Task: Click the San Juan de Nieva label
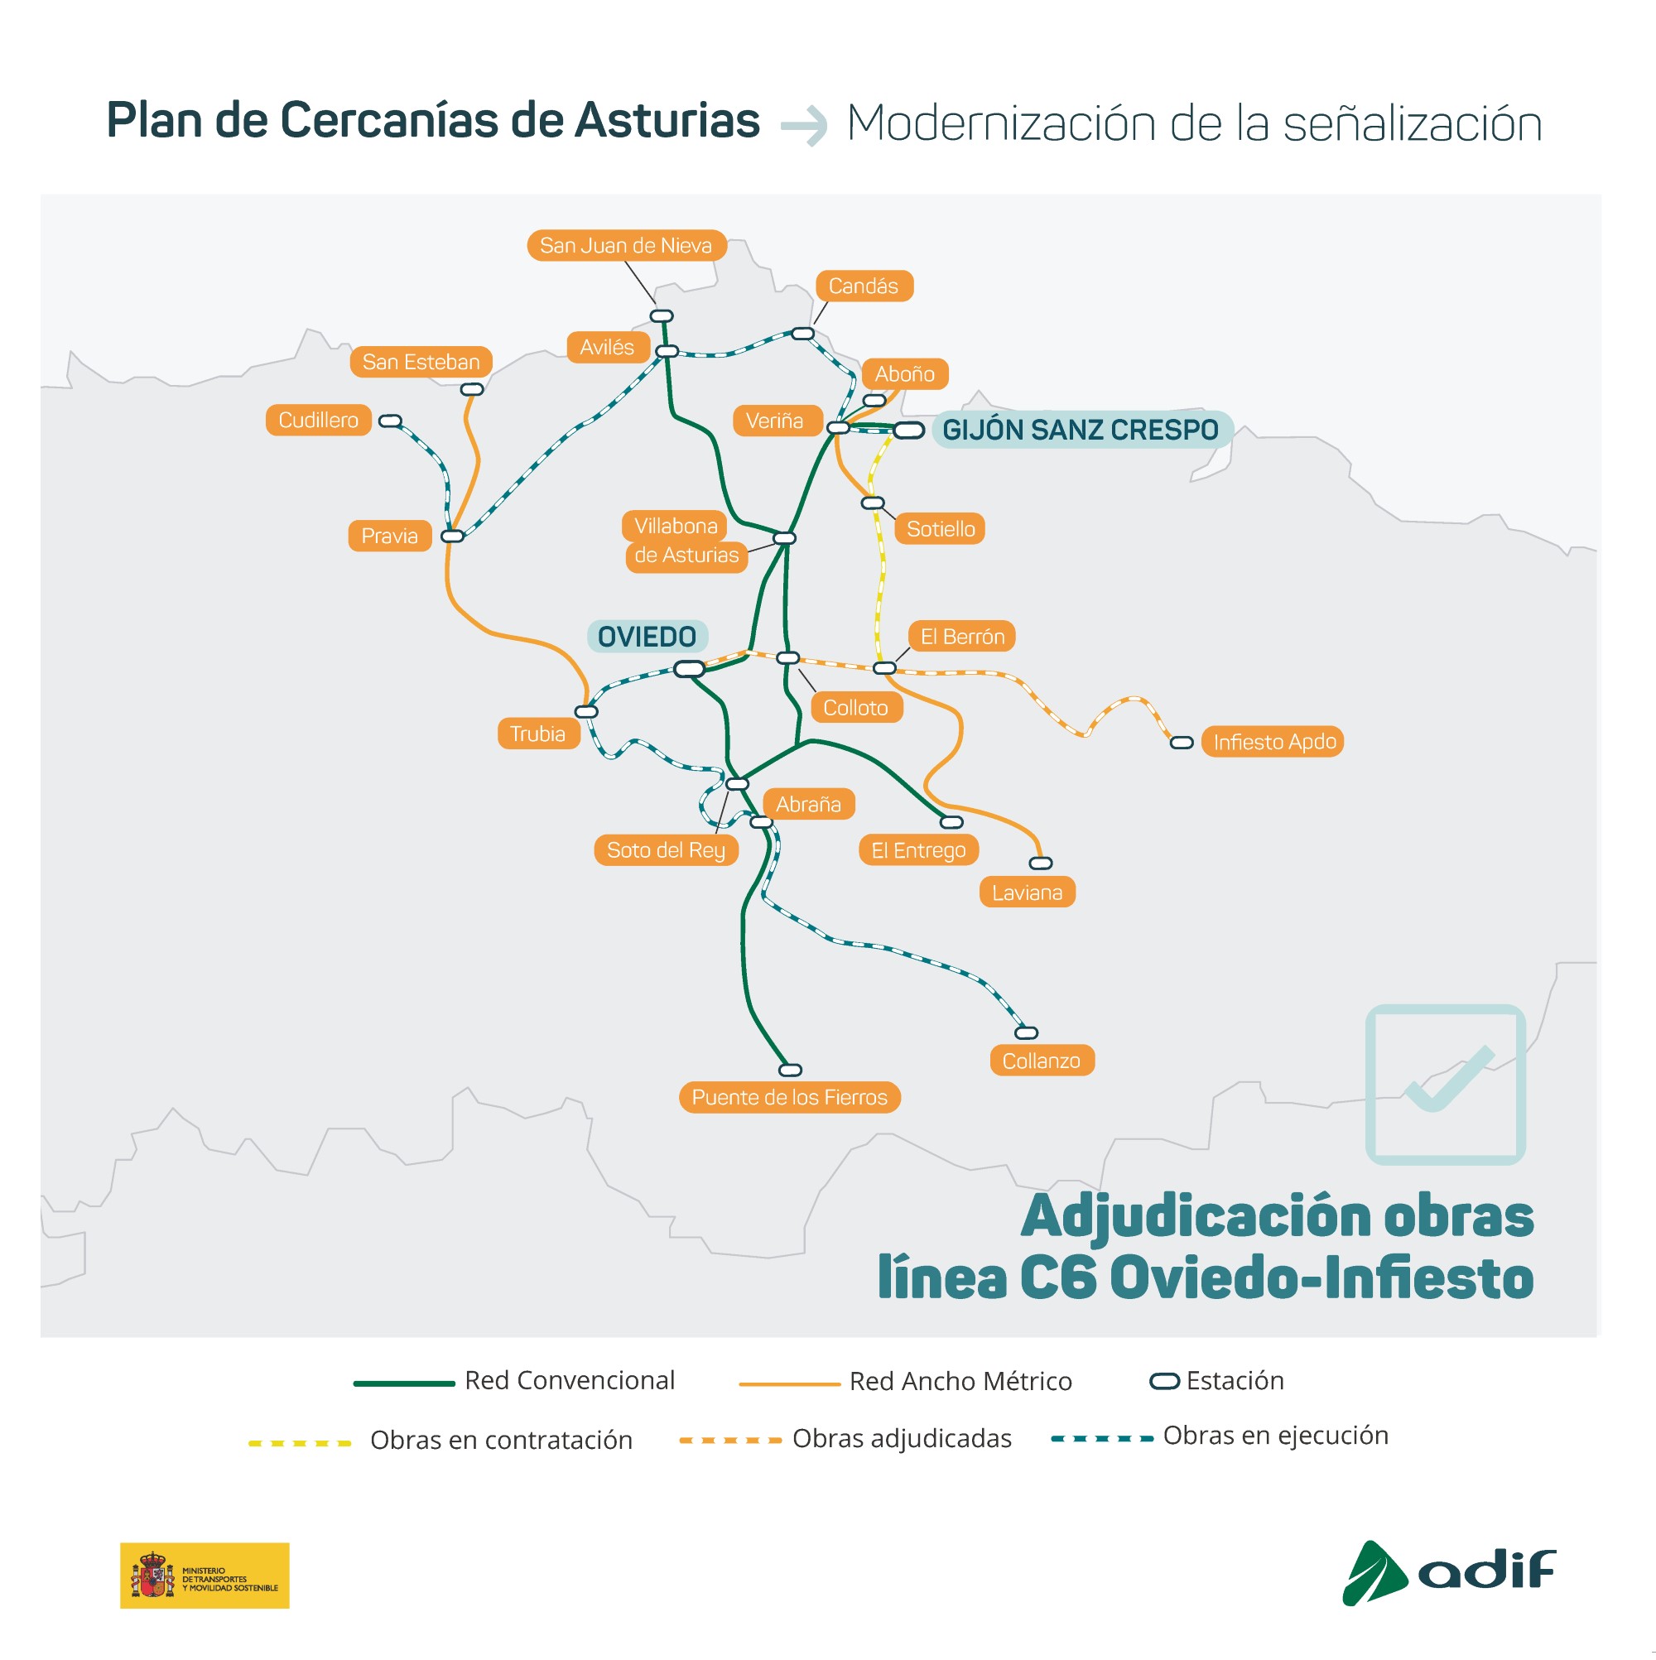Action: tap(627, 246)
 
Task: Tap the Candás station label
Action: tap(864, 286)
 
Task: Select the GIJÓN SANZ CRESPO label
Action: tap(1081, 430)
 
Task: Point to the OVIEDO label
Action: tap(647, 637)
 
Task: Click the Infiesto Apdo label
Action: tap(1274, 742)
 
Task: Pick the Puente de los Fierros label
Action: tap(790, 1097)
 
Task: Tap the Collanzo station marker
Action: tap(1027, 1032)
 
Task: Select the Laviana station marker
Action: tap(1041, 864)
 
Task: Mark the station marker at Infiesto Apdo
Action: tap(1182, 743)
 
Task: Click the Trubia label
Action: tap(538, 734)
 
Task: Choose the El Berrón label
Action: tap(962, 637)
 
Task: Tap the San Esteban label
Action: tap(421, 362)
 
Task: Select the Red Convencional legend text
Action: tap(570, 1381)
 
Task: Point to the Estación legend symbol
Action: tap(1164, 1382)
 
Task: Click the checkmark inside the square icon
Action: tap(1449, 1078)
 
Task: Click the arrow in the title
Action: tap(803, 127)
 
